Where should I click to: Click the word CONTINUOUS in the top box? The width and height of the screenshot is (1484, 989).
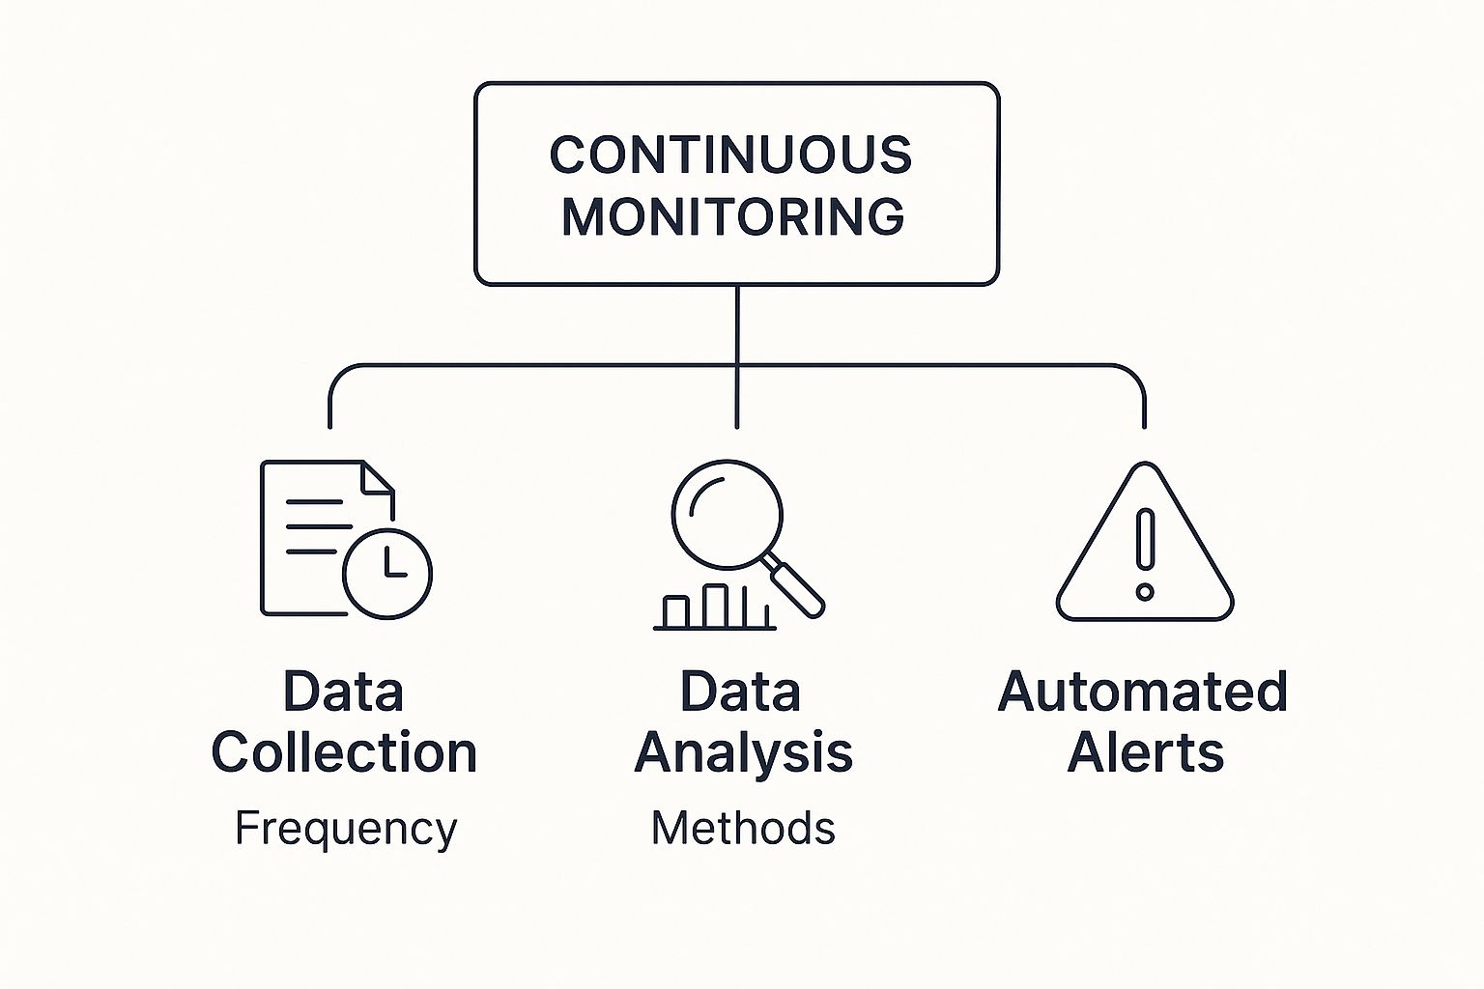click(730, 155)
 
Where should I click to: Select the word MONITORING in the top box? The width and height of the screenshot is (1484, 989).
click(733, 216)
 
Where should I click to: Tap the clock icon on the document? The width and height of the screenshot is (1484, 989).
click(387, 573)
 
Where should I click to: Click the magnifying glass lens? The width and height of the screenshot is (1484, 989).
click(726, 513)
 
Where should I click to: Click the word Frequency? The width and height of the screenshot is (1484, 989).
click(346, 829)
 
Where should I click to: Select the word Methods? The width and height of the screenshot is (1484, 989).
click(743, 829)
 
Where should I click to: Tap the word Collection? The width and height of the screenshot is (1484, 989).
click(344, 752)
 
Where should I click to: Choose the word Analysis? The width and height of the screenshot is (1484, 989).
click(743, 752)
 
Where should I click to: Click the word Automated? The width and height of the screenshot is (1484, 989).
click(1142, 692)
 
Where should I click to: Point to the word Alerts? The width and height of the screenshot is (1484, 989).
click(1146, 752)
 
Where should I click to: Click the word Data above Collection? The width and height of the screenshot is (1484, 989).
click(343, 692)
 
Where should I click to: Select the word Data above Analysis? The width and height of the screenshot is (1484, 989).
click(741, 692)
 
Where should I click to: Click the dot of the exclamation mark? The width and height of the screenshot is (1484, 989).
click(1145, 591)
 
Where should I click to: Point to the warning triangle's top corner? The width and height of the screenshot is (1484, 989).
click(1146, 467)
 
